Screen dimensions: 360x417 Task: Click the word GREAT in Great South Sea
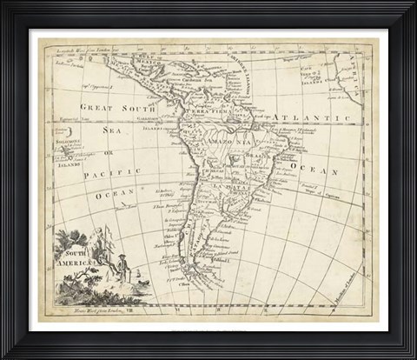(x=98, y=106)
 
